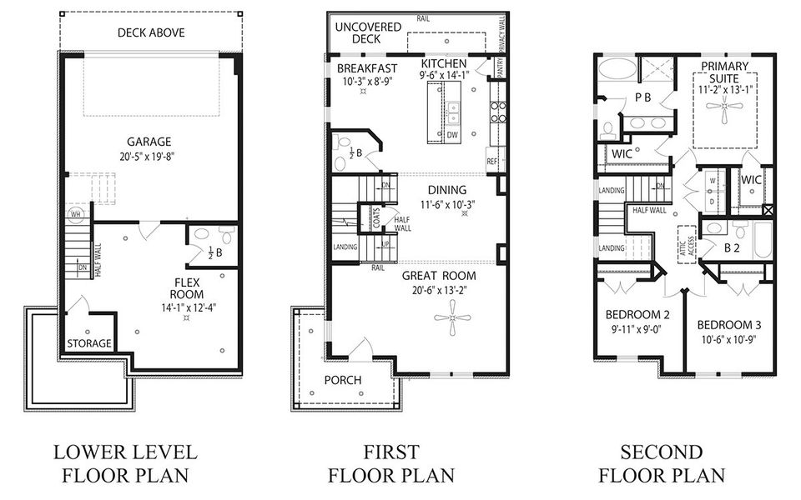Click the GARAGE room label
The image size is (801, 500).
click(x=149, y=142)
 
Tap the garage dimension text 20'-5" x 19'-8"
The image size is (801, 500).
click(x=149, y=156)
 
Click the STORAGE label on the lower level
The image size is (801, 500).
click(x=89, y=343)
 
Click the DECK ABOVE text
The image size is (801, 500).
click(x=151, y=32)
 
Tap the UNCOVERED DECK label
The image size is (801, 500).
click(x=358, y=32)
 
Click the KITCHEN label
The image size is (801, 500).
click(x=444, y=63)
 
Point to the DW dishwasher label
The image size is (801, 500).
click(x=451, y=134)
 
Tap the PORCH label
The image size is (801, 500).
click(x=343, y=380)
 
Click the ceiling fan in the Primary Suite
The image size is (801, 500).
click(x=723, y=105)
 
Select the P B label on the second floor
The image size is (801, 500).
click(x=642, y=97)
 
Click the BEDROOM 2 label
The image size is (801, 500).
click(x=637, y=314)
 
